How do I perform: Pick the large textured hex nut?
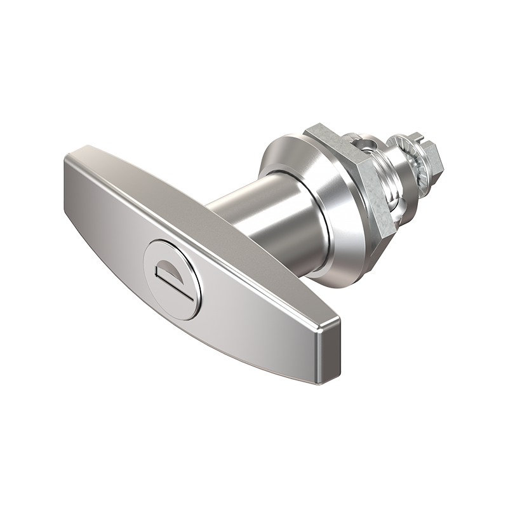(x=356, y=184)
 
